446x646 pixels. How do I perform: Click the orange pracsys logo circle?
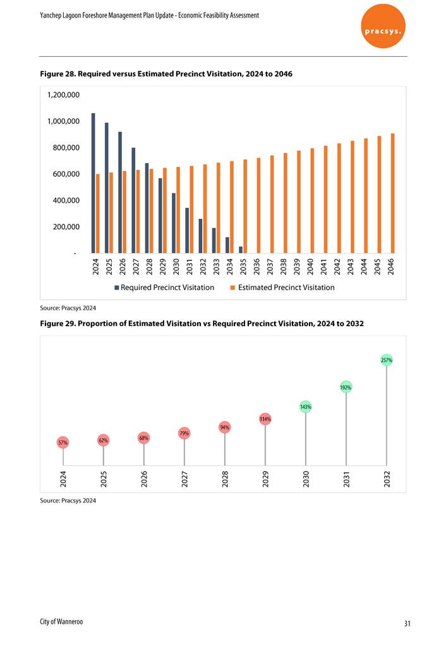[383, 27]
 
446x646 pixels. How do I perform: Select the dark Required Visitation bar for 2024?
[93, 183]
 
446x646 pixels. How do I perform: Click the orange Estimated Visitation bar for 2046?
[393, 193]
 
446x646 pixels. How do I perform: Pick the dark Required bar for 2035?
[241, 250]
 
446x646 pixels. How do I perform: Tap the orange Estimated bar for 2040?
[312, 200]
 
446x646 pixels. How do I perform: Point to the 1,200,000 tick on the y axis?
[63, 95]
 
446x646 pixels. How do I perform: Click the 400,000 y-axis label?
[66, 200]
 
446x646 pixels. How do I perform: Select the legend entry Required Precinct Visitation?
[164, 288]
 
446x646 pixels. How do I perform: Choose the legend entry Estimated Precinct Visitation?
[282, 288]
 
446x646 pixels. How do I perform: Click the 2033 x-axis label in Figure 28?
[217, 267]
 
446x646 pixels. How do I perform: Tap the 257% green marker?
[386, 360]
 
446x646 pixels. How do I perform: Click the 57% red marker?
[63, 442]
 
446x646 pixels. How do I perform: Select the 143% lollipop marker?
[306, 407]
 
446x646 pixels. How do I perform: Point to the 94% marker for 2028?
[224, 427]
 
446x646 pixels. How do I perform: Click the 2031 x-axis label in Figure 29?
[346, 480]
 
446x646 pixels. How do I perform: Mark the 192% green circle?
[346, 387]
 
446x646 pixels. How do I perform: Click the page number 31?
[407, 624]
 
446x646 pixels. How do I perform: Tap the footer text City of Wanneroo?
[61, 622]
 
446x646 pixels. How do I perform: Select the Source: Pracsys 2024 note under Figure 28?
[68, 308]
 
